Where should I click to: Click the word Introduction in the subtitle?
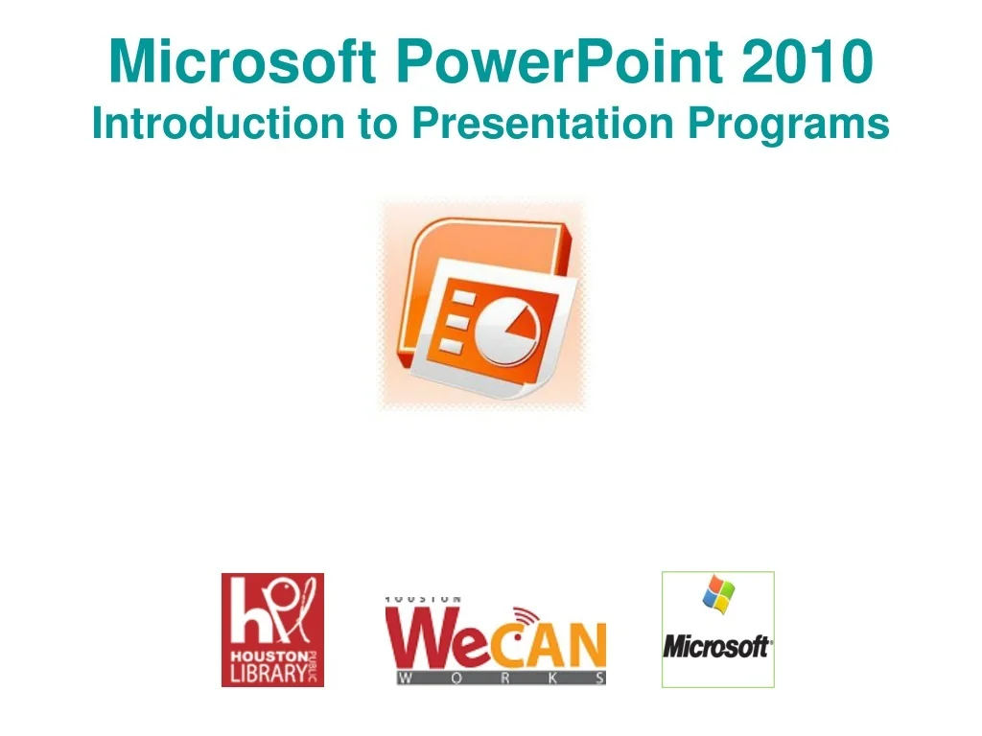click(219, 123)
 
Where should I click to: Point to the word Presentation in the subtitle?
click(543, 123)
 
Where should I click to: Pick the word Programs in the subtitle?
click(788, 126)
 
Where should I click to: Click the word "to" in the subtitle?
click(378, 124)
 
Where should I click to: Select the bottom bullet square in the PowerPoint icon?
click(451, 346)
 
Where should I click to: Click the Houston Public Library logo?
click(272, 630)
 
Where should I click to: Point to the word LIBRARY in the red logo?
click(269, 673)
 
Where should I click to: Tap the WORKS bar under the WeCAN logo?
click(501, 678)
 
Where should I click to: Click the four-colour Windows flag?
click(718, 594)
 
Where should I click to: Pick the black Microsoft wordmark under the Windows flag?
click(717, 647)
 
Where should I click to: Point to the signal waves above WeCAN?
click(527, 616)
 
